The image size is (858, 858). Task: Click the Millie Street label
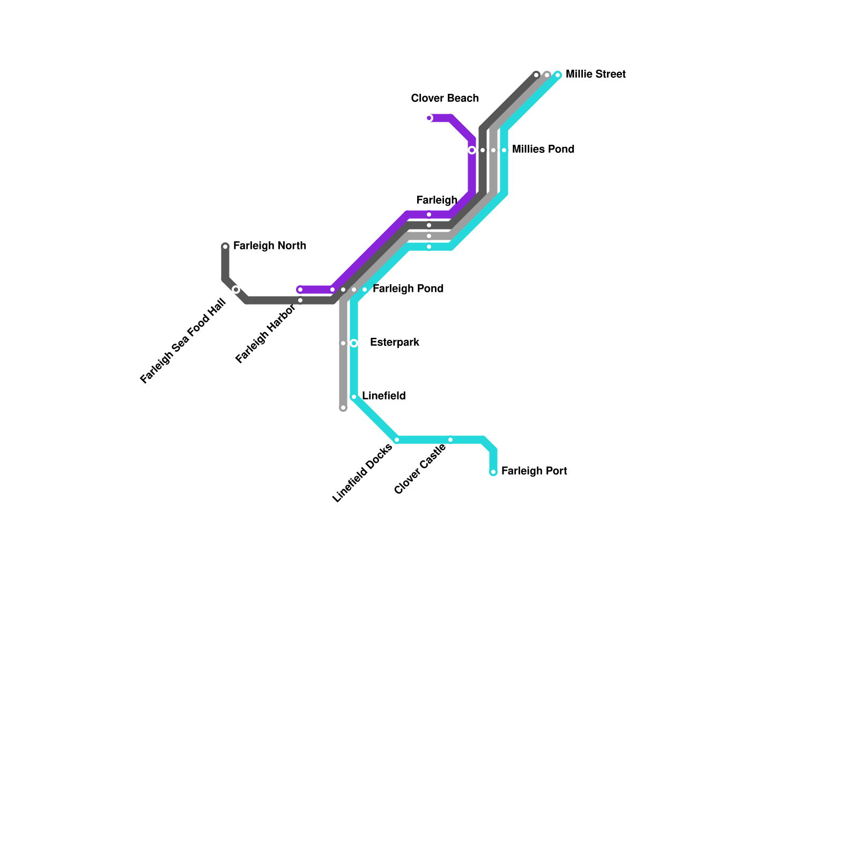[x=595, y=74]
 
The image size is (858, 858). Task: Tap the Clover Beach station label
[x=445, y=98]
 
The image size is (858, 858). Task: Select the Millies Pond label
[x=543, y=149]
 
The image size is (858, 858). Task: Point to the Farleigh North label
[x=269, y=246]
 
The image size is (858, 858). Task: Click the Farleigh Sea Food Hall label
[x=183, y=342]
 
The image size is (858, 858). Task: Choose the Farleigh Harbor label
[x=265, y=334]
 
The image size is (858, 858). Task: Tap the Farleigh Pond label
[x=408, y=289]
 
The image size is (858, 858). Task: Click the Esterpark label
[x=394, y=342]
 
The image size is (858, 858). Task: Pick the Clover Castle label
[x=420, y=469]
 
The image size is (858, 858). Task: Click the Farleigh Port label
[x=534, y=471]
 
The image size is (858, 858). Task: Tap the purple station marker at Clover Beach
[x=429, y=118]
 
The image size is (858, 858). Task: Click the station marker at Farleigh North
[x=225, y=247]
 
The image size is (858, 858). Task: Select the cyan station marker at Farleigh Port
[x=493, y=472]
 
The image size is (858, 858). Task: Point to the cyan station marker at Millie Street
[x=558, y=75]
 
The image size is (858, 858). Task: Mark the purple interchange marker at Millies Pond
[x=472, y=150]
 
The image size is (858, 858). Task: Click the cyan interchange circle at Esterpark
[x=354, y=343]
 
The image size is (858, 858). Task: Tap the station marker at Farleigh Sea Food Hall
[x=236, y=290]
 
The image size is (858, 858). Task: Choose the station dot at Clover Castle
[x=450, y=440]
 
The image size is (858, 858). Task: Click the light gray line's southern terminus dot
[x=343, y=408]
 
